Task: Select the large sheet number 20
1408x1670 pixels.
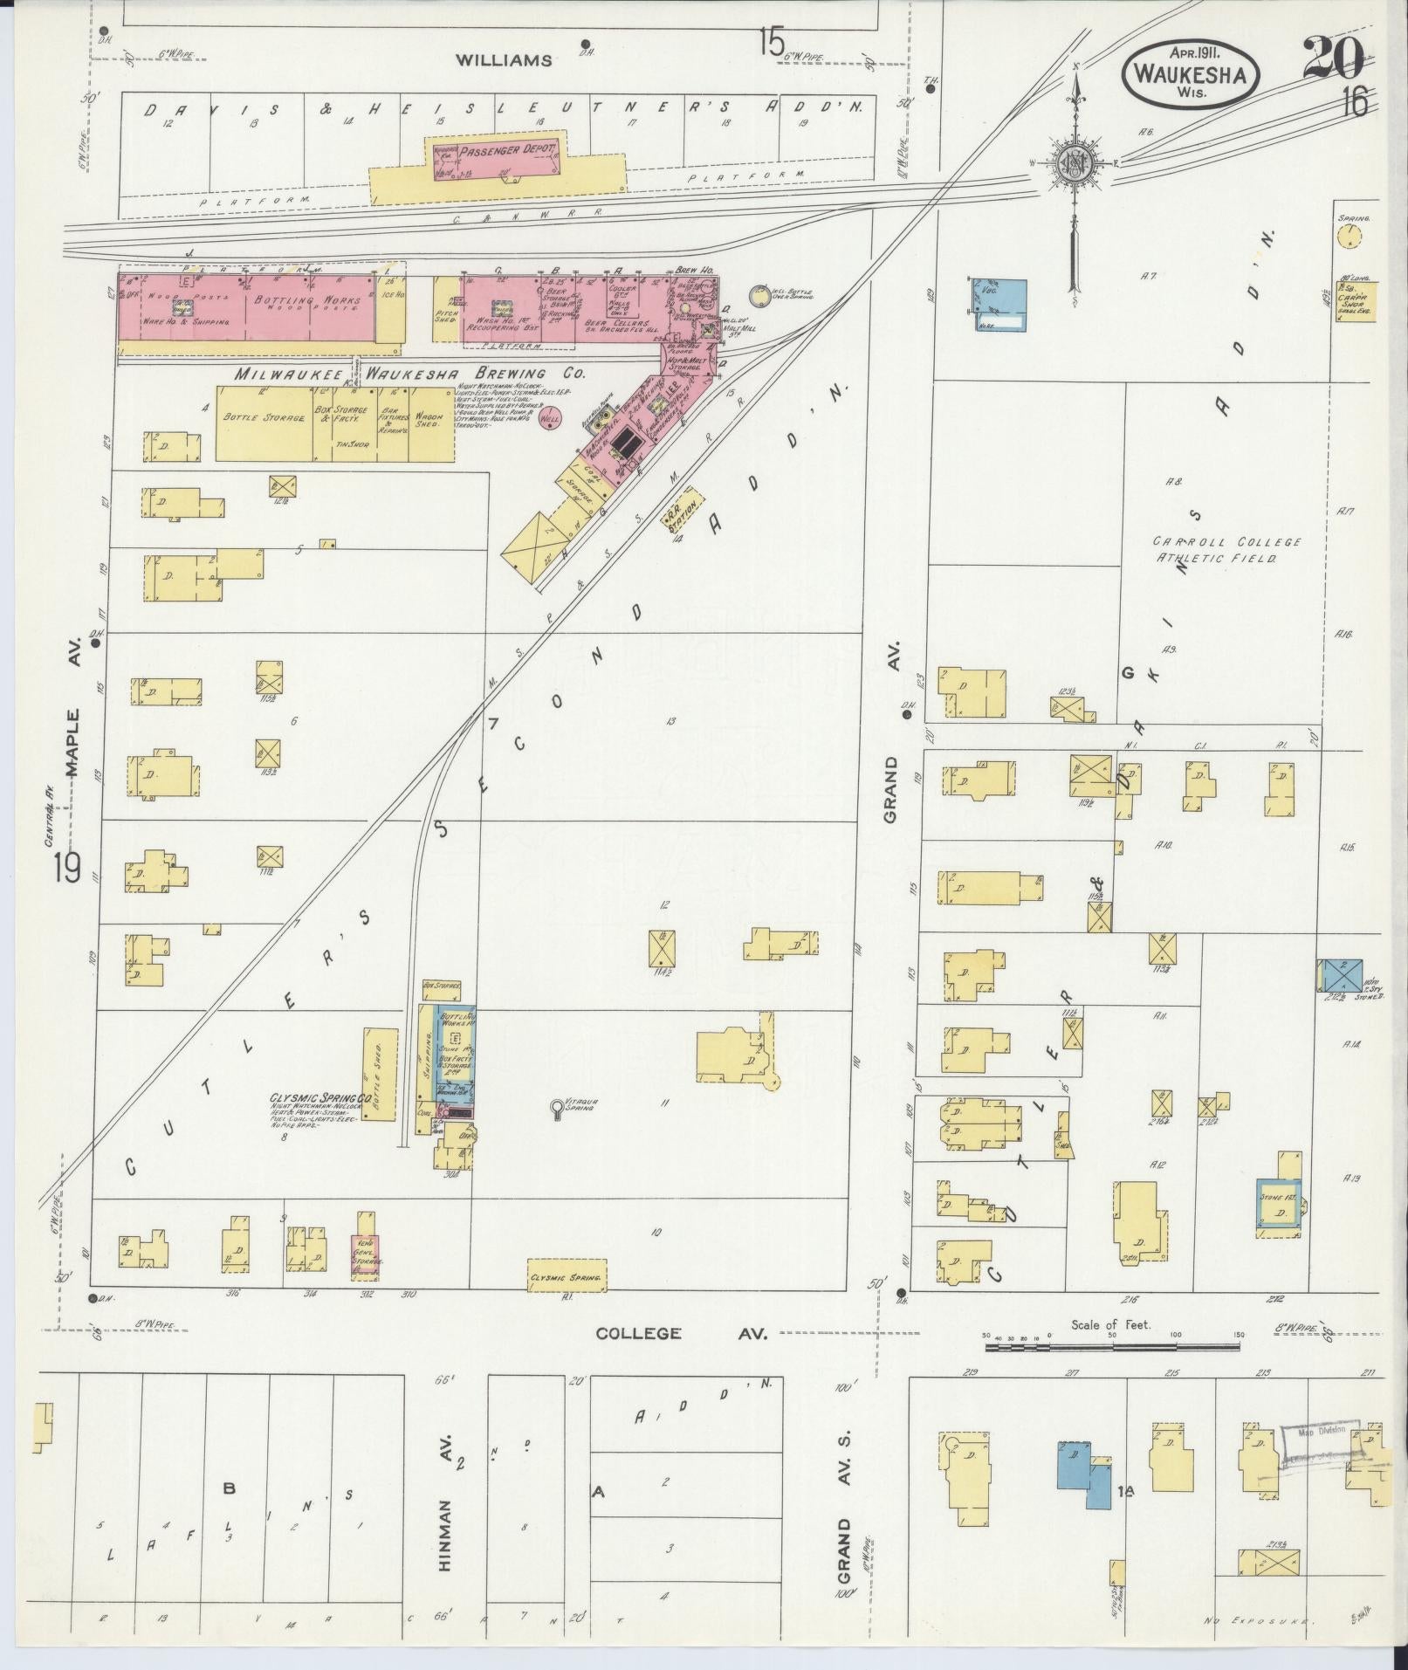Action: click(x=1334, y=59)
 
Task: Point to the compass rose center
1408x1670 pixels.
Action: click(x=1074, y=163)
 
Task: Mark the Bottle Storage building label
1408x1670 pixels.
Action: click(x=264, y=417)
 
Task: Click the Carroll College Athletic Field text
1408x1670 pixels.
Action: click(x=1226, y=549)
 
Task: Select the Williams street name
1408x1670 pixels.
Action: click(x=505, y=60)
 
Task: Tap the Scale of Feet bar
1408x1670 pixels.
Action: click(x=1112, y=1347)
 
